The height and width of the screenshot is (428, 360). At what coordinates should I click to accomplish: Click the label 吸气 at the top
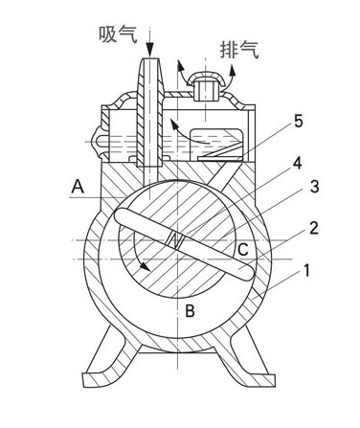118,34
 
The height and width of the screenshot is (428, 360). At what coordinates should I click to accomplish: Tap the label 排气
239,50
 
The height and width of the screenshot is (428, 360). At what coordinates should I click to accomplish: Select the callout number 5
298,122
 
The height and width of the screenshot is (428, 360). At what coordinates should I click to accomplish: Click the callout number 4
297,164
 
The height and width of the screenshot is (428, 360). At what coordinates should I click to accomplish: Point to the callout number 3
314,187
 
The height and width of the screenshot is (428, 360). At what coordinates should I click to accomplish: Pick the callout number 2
314,228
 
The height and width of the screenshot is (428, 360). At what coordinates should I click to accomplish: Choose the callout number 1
305,271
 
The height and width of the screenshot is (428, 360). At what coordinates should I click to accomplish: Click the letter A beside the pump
78,187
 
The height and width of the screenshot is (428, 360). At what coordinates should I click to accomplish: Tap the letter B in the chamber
191,310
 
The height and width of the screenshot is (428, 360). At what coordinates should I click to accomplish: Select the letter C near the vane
243,249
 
